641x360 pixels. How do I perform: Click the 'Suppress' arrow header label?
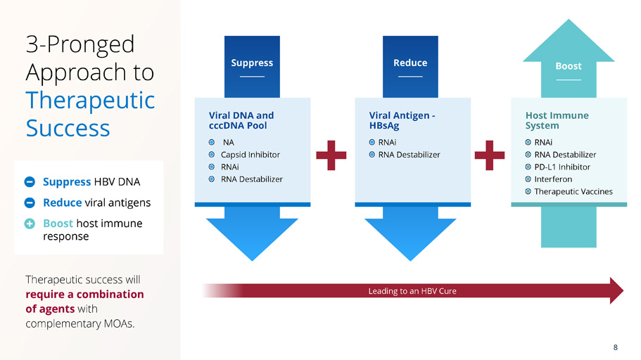[252, 63]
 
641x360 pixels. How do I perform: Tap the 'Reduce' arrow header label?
[410, 63]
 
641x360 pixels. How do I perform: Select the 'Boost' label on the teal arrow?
[568, 66]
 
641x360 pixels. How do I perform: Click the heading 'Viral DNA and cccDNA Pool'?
[241, 120]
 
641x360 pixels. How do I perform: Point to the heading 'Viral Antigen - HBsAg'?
[401, 120]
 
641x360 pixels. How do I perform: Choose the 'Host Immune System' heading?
[557, 120]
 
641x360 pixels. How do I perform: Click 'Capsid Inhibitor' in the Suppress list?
[250, 155]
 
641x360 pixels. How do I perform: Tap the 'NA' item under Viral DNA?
[228, 142]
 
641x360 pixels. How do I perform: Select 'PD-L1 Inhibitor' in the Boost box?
[562, 167]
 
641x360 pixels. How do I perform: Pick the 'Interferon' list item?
[553, 179]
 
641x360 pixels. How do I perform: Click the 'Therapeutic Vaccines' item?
[573, 191]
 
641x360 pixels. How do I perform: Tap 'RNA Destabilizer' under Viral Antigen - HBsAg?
[409, 155]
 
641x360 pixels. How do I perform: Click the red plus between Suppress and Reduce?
[331, 155]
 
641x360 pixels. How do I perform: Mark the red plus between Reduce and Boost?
[490, 155]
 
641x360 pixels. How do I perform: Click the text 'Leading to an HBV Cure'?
[412, 291]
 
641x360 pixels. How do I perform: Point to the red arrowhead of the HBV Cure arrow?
[616, 291]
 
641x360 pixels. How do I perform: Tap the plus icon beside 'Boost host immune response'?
[30, 224]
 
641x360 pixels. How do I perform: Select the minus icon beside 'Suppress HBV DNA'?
[30, 182]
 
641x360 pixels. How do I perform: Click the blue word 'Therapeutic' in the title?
[90, 100]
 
